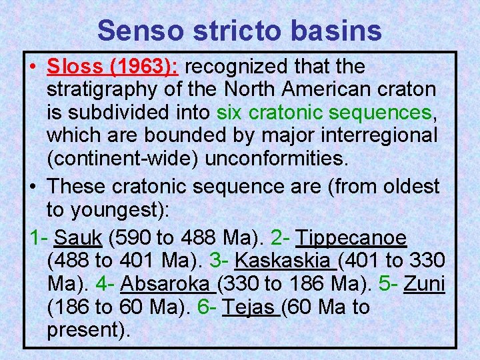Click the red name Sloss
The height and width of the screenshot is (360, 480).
[x=75, y=67]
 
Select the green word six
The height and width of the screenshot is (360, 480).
[x=229, y=113]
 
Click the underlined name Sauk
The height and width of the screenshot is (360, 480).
[x=77, y=238]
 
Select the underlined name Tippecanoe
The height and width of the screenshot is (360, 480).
[x=351, y=238]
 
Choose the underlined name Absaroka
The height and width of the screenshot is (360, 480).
[x=166, y=285]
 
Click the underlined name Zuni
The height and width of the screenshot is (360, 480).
[x=425, y=285]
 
